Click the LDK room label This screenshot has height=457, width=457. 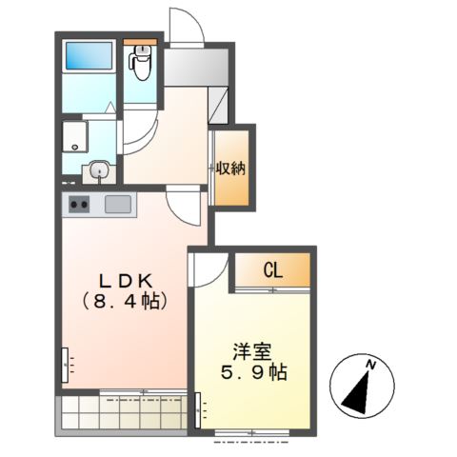tap(125, 281)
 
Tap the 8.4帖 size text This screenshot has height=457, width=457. tap(125, 302)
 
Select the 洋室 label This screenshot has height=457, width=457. tap(253, 352)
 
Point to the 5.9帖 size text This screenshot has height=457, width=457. tap(254, 372)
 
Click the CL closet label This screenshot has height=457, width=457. tap(273, 271)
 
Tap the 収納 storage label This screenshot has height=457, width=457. tap(231, 169)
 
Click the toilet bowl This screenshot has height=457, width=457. tap(140, 62)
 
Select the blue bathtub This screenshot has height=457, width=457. tap(89, 56)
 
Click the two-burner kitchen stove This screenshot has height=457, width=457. tap(79, 205)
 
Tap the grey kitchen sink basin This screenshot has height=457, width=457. tap(118, 204)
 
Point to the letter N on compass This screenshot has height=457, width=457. tap(370, 365)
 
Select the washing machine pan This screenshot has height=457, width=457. tap(75, 136)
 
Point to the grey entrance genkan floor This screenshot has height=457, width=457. tap(196, 67)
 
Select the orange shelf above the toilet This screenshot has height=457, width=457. tap(140, 42)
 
